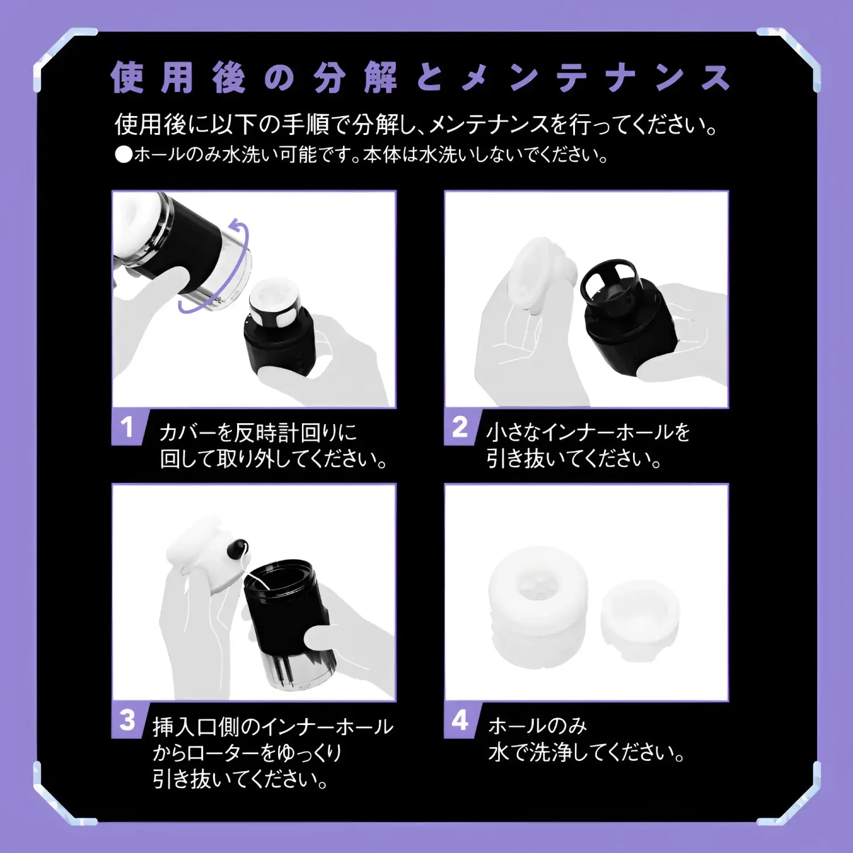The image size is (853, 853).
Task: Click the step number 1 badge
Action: (127, 427)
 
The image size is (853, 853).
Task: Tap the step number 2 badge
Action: (459, 427)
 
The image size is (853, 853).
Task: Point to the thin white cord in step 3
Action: (250, 574)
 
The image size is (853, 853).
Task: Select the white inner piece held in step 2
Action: (537, 273)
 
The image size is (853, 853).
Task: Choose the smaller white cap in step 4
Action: (640, 617)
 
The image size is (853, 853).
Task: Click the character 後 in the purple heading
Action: (229, 77)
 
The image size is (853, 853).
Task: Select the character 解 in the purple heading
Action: (380, 77)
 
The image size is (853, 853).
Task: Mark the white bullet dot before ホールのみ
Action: (123, 155)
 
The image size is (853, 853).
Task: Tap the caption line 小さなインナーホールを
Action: (587, 433)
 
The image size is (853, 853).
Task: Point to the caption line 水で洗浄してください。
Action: (586, 753)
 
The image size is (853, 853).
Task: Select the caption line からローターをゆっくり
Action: (247, 753)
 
